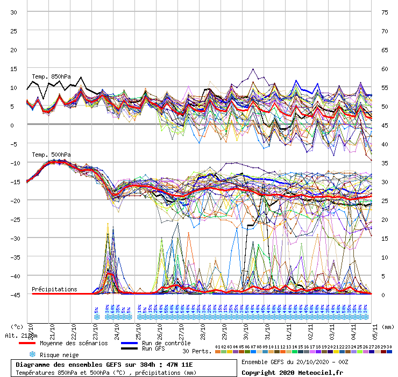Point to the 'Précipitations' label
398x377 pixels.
54,289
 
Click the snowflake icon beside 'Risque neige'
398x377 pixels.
32,355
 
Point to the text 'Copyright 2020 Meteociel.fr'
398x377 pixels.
292,372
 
